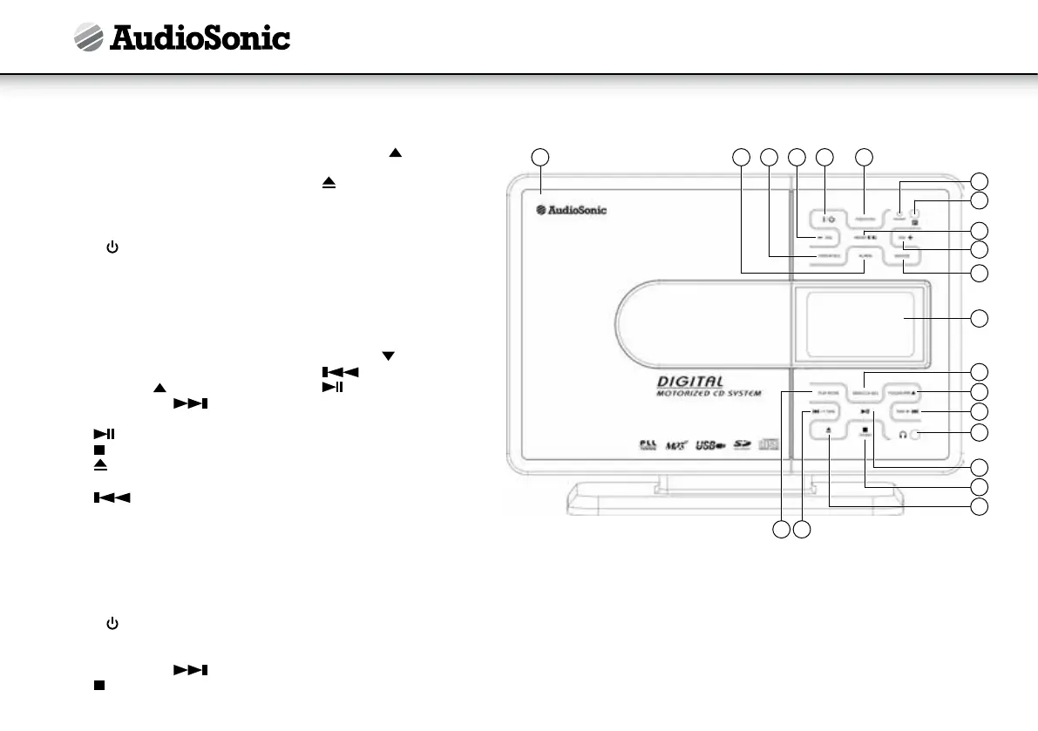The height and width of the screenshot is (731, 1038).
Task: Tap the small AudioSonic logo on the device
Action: pyautogui.click(x=571, y=209)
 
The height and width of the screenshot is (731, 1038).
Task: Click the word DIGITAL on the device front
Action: pyautogui.click(x=690, y=381)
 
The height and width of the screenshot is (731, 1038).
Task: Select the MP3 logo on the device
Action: pyautogui.click(x=675, y=445)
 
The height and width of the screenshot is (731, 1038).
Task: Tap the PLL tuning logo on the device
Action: pyautogui.click(x=646, y=445)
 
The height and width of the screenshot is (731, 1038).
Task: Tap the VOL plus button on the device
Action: pyautogui.click(x=904, y=237)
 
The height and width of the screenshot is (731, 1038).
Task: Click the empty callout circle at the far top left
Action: pyautogui.click(x=541, y=157)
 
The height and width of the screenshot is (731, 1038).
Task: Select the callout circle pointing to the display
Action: pyautogui.click(x=980, y=318)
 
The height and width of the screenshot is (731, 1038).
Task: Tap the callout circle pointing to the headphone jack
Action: pyautogui.click(x=980, y=432)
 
